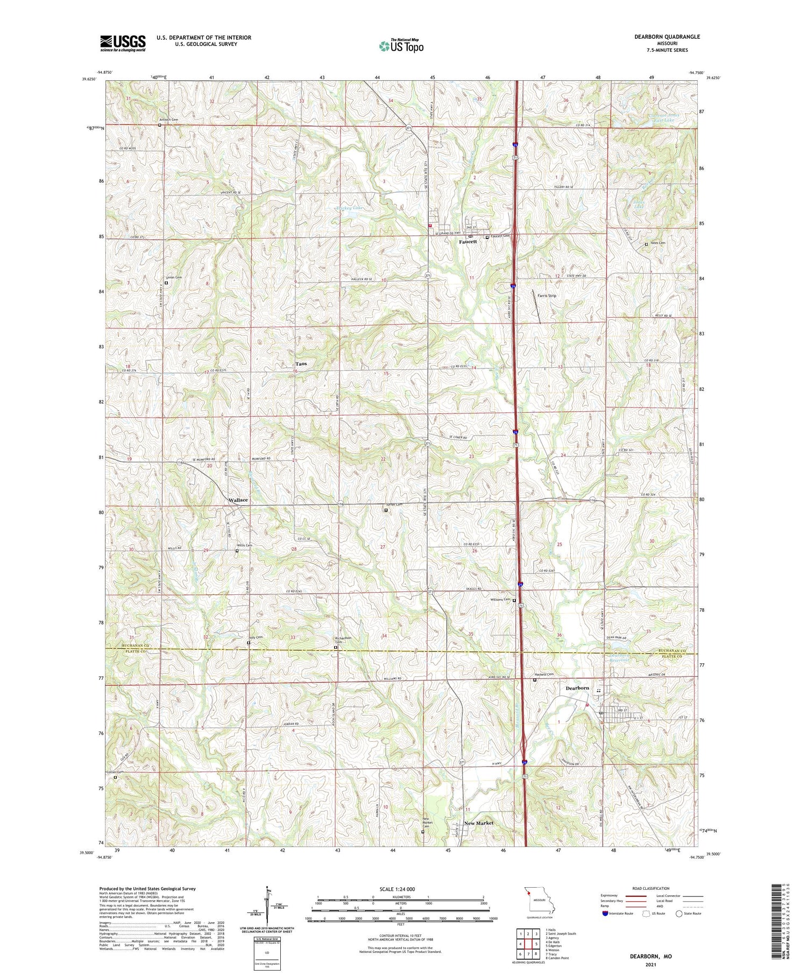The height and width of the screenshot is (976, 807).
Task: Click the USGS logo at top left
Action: (x=123, y=43)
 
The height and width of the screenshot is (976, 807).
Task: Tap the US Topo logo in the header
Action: (x=401, y=46)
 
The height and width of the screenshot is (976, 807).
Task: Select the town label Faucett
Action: (x=468, y=242)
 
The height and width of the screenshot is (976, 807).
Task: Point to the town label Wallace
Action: (x=238, y=500)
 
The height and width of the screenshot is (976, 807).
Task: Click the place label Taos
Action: (x=301, y=364)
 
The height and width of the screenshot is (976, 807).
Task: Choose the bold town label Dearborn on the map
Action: (x=577, y=688)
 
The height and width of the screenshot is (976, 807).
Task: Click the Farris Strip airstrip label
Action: (x=548, y=296)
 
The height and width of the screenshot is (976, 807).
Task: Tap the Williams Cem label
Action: (x=500, y=600)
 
